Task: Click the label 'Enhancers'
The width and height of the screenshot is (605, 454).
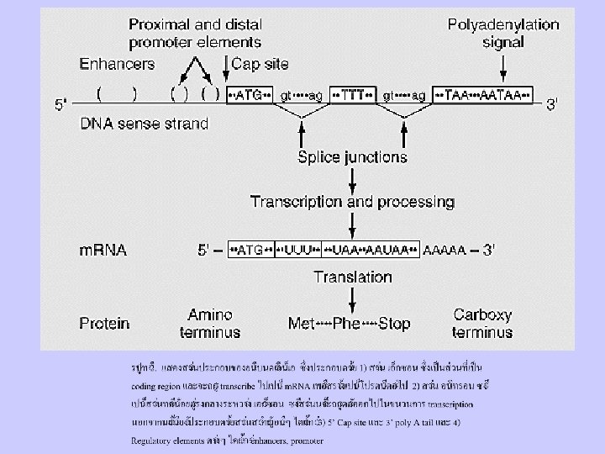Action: (117, 63)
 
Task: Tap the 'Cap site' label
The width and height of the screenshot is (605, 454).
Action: (260, 63)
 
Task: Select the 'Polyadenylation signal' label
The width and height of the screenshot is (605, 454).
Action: (503, 33)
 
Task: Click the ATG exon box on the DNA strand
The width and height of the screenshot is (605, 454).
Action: (250, 96)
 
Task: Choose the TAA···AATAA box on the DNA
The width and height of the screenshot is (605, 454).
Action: (484, 96)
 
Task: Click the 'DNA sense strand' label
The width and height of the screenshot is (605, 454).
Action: (144, 124)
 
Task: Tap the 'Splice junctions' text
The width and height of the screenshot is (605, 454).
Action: (353, 157)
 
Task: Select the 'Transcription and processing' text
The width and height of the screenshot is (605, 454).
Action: (353, 202)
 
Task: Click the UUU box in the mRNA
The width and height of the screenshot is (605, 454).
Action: (298, 250)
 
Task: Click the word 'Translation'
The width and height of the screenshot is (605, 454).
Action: (353, 277)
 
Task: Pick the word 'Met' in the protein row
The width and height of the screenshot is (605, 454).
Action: (302, 323)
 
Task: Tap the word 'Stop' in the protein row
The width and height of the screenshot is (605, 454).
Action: (394, 323)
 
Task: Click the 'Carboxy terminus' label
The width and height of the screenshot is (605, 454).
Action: (482, 323)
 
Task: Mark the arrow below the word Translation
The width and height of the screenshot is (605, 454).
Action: (353, 298)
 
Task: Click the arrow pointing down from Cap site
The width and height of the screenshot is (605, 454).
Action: (225, 73)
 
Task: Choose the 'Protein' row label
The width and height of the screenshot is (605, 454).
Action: (105, 323)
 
